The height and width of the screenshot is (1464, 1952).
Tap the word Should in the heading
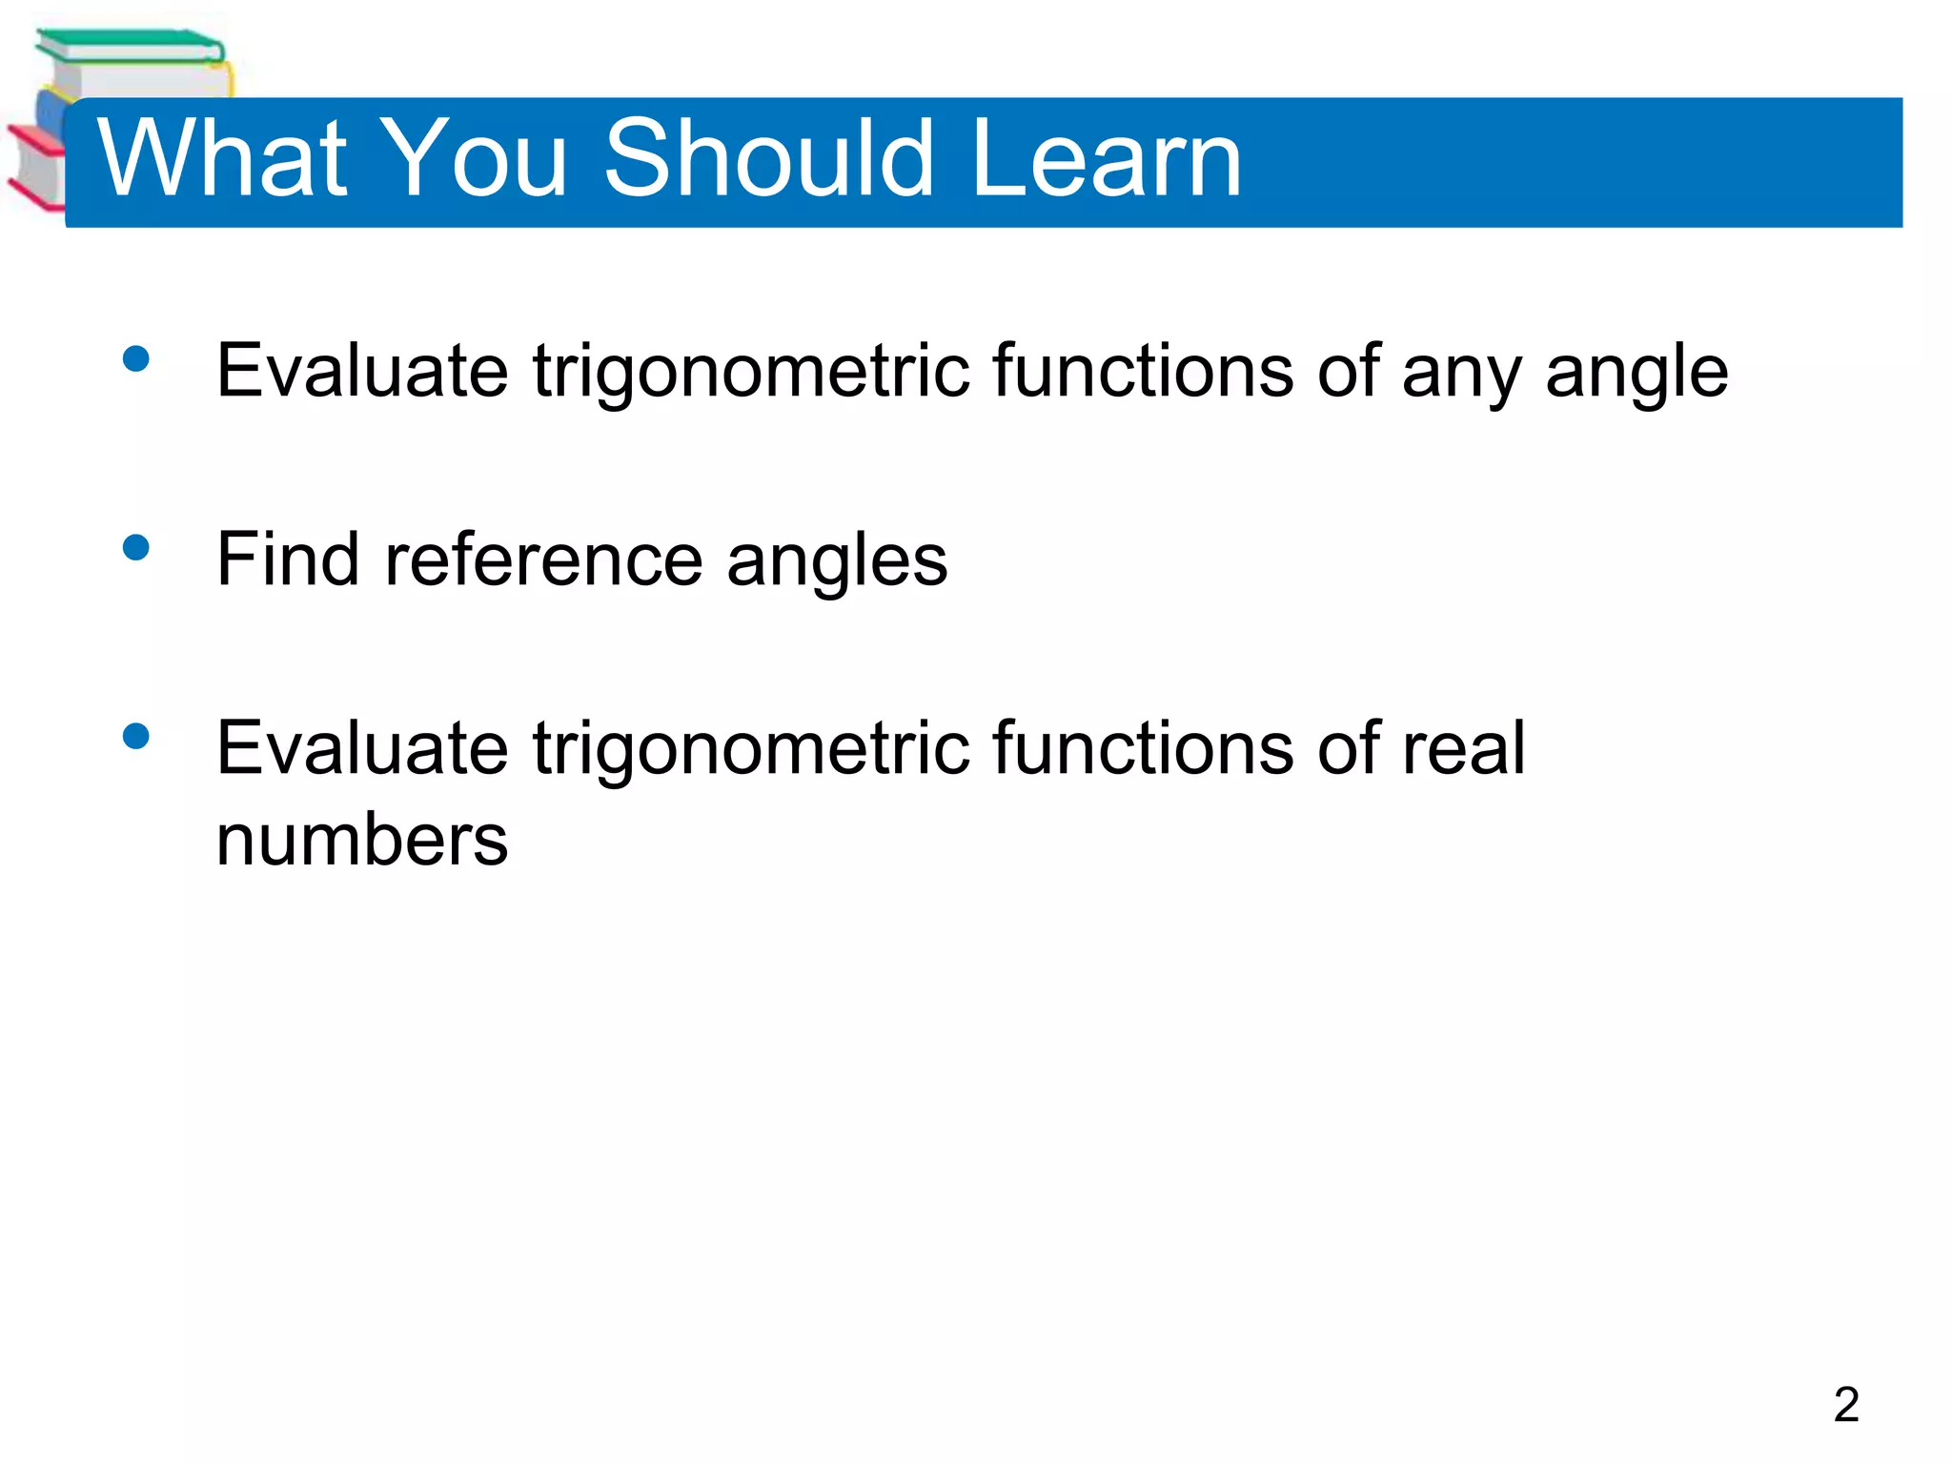click(768, 159)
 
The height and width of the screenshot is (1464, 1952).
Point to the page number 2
click(1846, 1404)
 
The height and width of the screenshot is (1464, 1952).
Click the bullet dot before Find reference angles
click(136, 547)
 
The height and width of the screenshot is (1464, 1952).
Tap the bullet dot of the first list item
click(136, 358)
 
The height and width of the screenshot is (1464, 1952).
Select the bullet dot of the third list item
click(136, 736)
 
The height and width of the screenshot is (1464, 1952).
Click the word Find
click(288, 559)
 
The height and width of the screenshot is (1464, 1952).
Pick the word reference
click(543, 559)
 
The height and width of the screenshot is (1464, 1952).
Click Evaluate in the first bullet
click(362, 371)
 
